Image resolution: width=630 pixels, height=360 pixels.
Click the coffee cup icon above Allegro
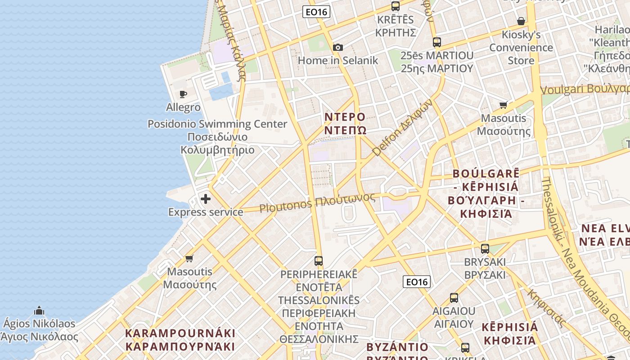183,94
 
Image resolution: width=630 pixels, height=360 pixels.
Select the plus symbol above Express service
206,199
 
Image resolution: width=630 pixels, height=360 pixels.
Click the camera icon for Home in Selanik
338,47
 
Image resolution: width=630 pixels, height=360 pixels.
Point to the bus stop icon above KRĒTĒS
396,6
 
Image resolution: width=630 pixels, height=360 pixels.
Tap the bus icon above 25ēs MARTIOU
437,42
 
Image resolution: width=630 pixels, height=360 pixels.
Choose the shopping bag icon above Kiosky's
521,21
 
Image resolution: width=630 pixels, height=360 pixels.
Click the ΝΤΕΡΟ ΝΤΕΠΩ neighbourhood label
345,124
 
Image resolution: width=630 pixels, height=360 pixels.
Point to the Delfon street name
403,127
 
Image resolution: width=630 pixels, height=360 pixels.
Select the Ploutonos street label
317,203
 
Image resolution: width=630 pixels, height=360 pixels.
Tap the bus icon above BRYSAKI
485,248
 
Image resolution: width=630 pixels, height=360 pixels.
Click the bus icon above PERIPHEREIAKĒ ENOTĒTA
319,261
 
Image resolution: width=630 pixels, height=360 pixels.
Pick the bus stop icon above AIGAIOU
454,298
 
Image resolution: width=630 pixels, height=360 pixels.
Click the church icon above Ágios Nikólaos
39,310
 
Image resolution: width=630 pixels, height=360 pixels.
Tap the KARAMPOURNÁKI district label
180,340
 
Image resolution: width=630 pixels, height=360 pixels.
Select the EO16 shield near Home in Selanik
316,12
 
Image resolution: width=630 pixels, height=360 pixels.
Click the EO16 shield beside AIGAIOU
416,282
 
